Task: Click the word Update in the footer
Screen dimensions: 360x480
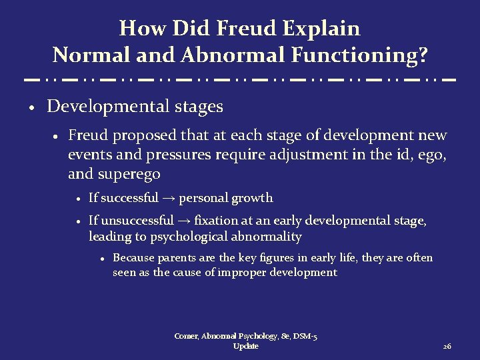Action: tap(246, 347)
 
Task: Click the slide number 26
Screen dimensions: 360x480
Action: tap(447, 347)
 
